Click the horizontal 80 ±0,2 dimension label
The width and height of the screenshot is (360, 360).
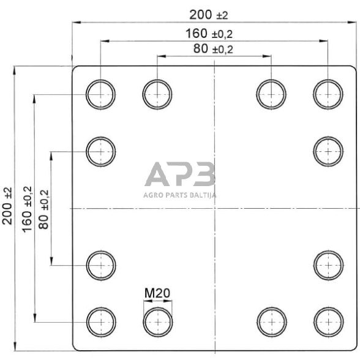tap(213, 49)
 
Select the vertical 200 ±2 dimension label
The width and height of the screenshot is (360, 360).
tap(8, 206)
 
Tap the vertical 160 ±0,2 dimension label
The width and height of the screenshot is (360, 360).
tap(27, 209)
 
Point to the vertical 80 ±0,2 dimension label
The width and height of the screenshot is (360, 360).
tap(43, 209)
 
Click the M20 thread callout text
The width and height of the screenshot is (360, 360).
tap(157, 293)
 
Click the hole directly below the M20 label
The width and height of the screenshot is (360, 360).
tap(157, 320)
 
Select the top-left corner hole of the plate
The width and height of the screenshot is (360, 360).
tap(100, 94)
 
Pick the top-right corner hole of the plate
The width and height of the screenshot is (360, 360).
tap(328, 94)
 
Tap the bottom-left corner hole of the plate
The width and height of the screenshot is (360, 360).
tap(100, 320)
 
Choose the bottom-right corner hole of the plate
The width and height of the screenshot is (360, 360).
tap(328, 320)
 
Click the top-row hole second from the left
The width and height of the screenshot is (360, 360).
tap(157, 94)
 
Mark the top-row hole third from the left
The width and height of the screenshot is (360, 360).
tap(271, 94)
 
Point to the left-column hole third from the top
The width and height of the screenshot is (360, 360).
tap(100, 264)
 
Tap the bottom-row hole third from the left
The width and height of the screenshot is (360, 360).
tap(271, 320)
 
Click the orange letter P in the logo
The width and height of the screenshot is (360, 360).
tap(181, 174)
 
